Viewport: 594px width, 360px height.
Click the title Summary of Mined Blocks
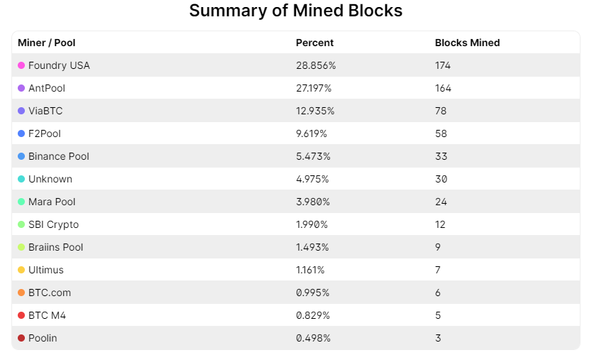296,11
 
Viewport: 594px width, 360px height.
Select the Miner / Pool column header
46,43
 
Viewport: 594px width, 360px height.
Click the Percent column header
314,43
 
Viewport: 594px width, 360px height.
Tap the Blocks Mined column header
467,43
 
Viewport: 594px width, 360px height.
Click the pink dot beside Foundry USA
21,65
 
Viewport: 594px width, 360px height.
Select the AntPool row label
47,88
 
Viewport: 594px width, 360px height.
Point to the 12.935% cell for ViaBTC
315,111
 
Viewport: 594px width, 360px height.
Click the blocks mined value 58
441,133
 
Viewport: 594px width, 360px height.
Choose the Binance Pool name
59,156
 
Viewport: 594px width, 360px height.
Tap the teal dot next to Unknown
21,179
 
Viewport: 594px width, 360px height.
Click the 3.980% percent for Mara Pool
313,202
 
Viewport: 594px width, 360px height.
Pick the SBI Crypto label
53,224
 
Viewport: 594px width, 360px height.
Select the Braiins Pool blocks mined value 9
438,247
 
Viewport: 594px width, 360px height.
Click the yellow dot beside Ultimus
21,270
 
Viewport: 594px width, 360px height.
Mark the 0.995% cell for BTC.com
313,293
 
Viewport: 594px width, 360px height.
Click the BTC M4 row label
47,315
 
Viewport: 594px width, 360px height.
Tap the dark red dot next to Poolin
21,338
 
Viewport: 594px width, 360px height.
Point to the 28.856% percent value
316,65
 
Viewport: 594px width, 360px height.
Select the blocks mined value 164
443,88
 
